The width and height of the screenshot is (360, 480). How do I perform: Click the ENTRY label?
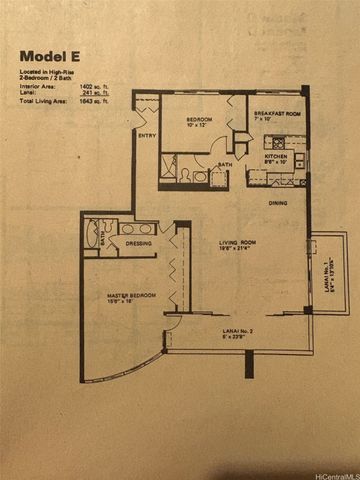146,136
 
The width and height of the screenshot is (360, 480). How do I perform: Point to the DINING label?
278,203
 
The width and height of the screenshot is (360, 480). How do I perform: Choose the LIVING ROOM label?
240,242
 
